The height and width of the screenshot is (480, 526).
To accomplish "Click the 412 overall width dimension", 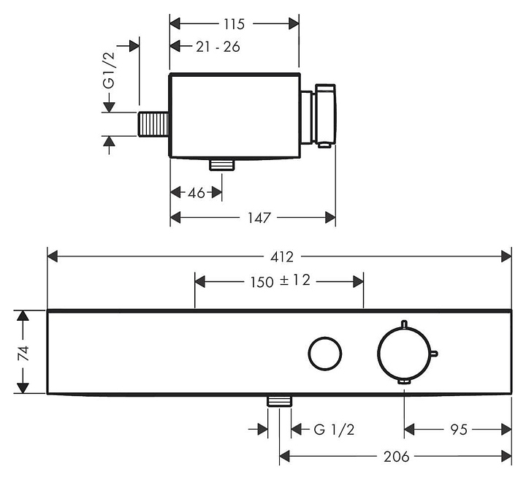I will click(281, 257).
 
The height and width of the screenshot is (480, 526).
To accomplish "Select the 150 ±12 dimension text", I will click(280, 281).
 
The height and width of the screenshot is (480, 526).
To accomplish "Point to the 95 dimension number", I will click(458, 430).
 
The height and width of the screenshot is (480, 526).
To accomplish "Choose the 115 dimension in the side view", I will click(234, 24).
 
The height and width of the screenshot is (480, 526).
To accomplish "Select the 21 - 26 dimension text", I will click(218, 47).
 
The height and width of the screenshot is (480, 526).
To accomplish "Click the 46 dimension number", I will click(197, 193).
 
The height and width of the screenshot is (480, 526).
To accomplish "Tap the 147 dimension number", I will click(258, 218).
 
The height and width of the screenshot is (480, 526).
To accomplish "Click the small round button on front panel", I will click(324, 353).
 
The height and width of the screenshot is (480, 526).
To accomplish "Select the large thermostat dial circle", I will click(404, 353).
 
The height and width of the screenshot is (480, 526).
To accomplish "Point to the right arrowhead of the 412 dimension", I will click(506, 256).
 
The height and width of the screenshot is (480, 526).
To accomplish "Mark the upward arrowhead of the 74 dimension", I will click(23, 316).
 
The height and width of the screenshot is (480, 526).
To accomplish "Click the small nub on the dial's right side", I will click(434, 355).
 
